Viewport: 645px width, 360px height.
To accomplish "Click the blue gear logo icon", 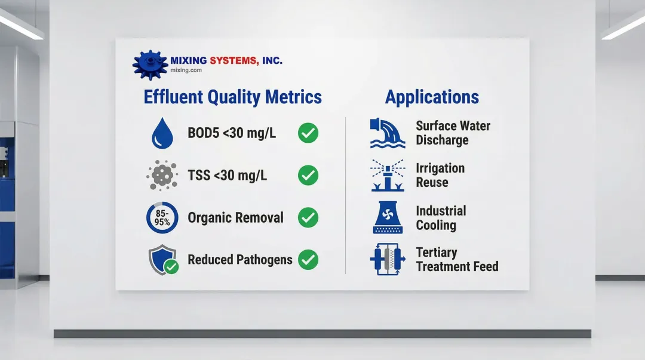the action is [x=150, y=64].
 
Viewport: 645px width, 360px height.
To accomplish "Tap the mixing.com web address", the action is [x=186, y=70].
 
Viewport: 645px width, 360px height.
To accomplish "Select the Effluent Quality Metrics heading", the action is [x=232, y=97].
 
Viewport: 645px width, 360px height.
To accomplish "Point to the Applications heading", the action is [x=432, y=97].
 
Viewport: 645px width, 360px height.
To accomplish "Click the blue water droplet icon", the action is [x=162, y=133].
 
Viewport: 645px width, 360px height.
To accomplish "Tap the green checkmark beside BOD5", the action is [x=308, y=133].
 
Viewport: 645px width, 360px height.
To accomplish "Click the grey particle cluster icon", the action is [x=162, y=176].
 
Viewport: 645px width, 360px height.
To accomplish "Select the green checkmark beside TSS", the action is [x=308, y=176].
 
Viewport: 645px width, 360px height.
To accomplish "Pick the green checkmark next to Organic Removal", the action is [x=308, y=218].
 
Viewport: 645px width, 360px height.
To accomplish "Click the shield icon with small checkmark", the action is [x=163, y=260].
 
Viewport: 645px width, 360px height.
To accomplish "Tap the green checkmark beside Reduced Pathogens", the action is [x=308, y=260].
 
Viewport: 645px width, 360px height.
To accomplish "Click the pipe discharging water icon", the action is [x=388, y=133].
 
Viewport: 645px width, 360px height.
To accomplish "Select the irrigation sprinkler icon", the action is [x=388, y=176].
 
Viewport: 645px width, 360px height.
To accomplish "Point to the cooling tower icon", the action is [x=388, y=218].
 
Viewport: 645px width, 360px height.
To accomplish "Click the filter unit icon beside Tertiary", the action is [x=388, y=259].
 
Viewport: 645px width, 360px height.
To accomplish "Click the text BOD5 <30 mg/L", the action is [x=232, y=133].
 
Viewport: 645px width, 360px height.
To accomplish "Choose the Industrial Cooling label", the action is [x=441, y=218].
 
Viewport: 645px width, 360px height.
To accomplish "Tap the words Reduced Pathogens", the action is [x=240, y=260].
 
